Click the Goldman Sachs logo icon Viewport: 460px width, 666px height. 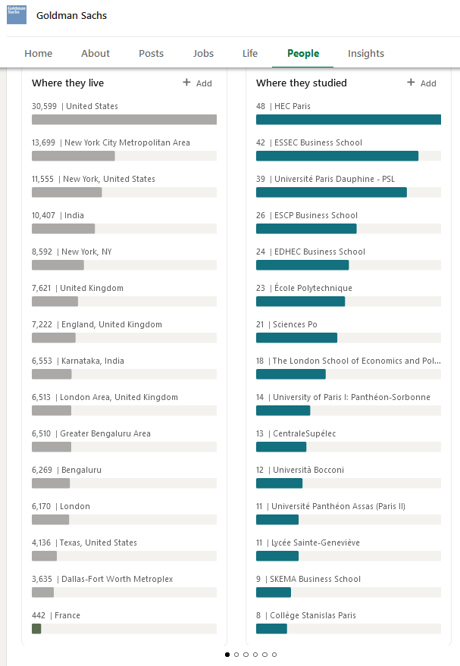[x=17, y=15]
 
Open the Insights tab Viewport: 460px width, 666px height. [x=366, y=54]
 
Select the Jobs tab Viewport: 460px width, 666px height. [x=203, y=54]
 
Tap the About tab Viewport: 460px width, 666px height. [x=95, y=54]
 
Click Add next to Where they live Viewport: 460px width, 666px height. [x=198, y=83]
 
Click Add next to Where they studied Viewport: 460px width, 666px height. [x=422, y=83]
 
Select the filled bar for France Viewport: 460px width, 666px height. [x=36, y=629]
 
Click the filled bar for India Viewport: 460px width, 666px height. [x=64, y=229]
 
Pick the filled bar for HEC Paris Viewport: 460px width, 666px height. [x=349, y=120]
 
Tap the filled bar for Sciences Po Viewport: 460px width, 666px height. [x=296, y=338]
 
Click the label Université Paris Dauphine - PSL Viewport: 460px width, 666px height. [x=335, y=179]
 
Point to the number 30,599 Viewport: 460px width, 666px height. [x=44, y=106]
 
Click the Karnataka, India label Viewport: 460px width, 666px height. [x=92, y=361]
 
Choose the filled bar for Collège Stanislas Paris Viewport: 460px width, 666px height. [x=271, y=629]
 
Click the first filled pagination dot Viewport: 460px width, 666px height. [x=227, y=655]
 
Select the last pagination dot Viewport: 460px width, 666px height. [x=274, y=655]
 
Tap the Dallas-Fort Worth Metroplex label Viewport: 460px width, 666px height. [x=117, y=579]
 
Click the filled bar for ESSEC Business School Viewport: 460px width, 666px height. [x=337, y=156]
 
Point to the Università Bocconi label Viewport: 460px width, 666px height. [x=308, y=470]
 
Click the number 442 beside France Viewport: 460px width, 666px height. [x=39, y=615]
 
